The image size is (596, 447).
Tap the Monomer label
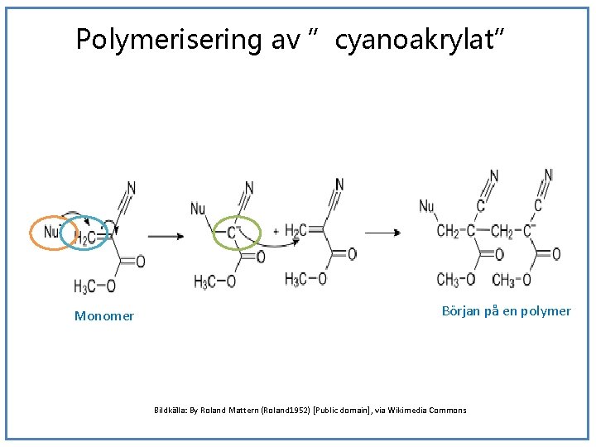[104, 315]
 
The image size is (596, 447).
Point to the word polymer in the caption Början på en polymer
[543, 310]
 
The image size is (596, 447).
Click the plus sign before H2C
[276, 231]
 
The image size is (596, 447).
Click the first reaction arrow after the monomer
[166, 237]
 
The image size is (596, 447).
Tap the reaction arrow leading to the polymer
[382, 233]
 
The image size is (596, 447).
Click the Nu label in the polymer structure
[427, 206]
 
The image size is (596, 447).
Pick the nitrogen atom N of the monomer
[132, 188]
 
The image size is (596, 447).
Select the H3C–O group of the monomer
[94, 286]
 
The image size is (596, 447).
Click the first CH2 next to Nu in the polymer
[447, 231]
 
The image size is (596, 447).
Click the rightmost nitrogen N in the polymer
[548, 175]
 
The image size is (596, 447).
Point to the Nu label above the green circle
[198, 209]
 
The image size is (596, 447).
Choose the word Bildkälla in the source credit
[171, 410]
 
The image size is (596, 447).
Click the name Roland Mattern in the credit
[228, 410]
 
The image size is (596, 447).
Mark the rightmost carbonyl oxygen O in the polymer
[556, 254]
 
